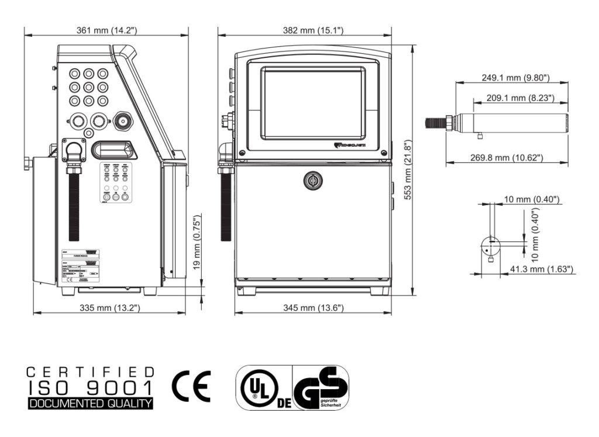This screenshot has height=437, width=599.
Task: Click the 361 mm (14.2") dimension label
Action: click(x=108, y=30)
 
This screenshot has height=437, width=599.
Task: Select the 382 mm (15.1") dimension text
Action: click(x=314, y=30)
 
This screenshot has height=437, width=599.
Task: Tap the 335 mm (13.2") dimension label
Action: click(x=110, y=307)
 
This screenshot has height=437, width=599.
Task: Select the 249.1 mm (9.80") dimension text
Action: click(x=515, y=78)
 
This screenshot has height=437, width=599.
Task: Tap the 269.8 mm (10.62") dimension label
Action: click(x=507, y=158)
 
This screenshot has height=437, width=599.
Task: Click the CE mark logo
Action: click(x=191, y=386)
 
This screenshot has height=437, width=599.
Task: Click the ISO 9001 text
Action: click(x=91, y=387)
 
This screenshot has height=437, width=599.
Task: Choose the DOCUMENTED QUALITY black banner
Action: click(x=91, y=403)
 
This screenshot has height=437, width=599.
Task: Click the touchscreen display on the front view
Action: click(x=313, y=95)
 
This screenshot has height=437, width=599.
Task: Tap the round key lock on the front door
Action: click(x=312, y=181)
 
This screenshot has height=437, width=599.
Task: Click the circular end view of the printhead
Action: click(x=490, y=246)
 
